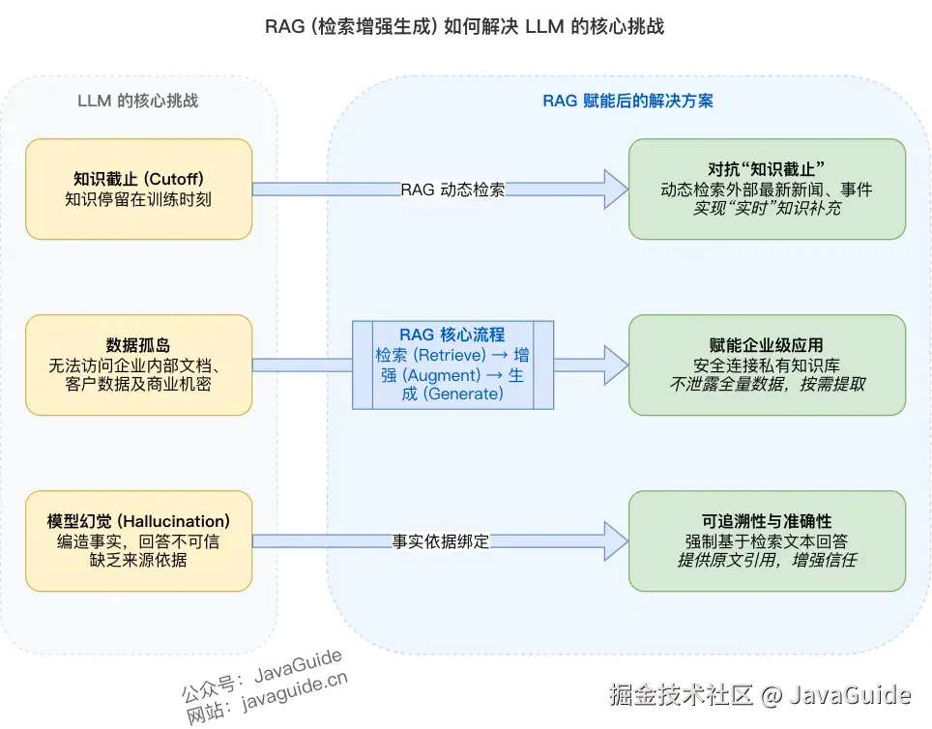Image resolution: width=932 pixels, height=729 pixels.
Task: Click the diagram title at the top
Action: (465, 26)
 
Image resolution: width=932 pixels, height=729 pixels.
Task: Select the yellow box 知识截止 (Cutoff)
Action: (138, 189)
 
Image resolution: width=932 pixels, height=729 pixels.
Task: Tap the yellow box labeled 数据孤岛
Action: (138, 364)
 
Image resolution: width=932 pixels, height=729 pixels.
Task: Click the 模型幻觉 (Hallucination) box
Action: (138, 540)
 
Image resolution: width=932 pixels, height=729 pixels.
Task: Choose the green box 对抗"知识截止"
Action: (767, 189)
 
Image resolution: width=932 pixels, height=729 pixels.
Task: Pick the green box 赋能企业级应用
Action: (767, 364)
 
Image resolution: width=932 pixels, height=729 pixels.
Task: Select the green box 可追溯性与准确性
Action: (767, 540)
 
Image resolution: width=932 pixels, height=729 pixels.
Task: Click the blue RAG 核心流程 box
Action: (452, 364)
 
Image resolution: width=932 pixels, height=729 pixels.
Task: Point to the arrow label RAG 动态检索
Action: (452, 190)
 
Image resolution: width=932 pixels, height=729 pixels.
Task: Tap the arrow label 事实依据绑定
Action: (441, 541)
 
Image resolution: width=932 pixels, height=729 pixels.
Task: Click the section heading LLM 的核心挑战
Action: (138, 101)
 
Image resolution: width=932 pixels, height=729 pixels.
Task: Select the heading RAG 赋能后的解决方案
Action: (627, 101)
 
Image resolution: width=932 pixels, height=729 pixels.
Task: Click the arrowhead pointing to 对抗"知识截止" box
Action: (615, 190)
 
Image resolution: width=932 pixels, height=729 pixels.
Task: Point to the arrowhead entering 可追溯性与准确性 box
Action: (615, 541)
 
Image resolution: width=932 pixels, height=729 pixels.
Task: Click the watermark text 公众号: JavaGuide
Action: (261, 674)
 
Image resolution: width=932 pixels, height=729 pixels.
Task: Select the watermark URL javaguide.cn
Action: (295, 695)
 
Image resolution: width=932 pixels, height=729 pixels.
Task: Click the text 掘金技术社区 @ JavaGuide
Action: (759, 694)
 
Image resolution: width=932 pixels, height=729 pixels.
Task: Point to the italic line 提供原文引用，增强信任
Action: (767, 560)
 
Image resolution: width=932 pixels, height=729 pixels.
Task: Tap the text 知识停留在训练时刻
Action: (138, 199)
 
